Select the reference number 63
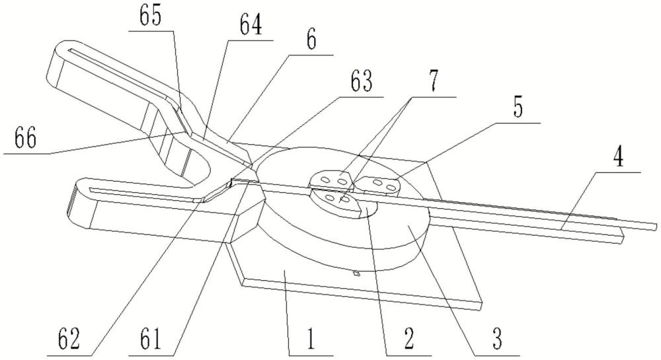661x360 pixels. (362, 81)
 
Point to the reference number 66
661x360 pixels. (26, 139)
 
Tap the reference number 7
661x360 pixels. (434, 80)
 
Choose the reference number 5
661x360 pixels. (518, 107)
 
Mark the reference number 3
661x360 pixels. (497, 339)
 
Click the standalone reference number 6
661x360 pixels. (311, 41)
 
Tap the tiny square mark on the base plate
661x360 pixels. (357, 274)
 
